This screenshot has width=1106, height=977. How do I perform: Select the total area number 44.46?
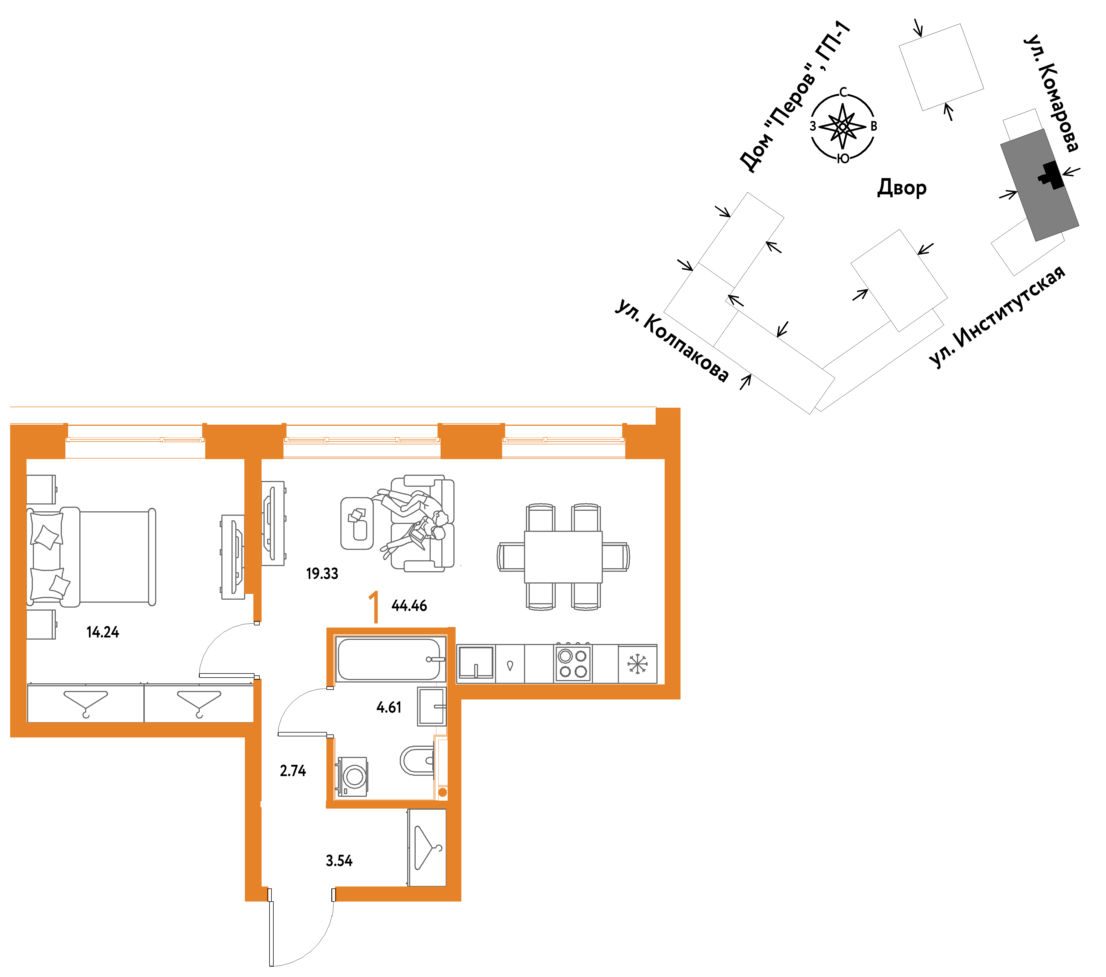pyautogui.click(x=409, y=606)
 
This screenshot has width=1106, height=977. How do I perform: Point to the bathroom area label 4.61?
pyautogui.click(x=389, y=707)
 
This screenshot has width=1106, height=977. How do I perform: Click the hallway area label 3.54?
pyautogui.click(x=339, y=861)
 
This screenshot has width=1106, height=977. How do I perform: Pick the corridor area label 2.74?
pyautogui.click(x=293, y=771)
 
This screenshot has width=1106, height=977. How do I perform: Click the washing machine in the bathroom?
pyautogui.click(x=353, y=777)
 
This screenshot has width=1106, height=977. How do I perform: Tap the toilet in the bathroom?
pyautogui.click(x=418, y=761)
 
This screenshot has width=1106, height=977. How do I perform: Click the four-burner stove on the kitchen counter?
pyautogui.click(x=573, y=663)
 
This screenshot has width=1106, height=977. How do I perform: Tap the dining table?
pyautogui.click(x=563, y=557)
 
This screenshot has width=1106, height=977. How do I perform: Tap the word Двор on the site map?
pyautogui.click(x=902, y=188)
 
